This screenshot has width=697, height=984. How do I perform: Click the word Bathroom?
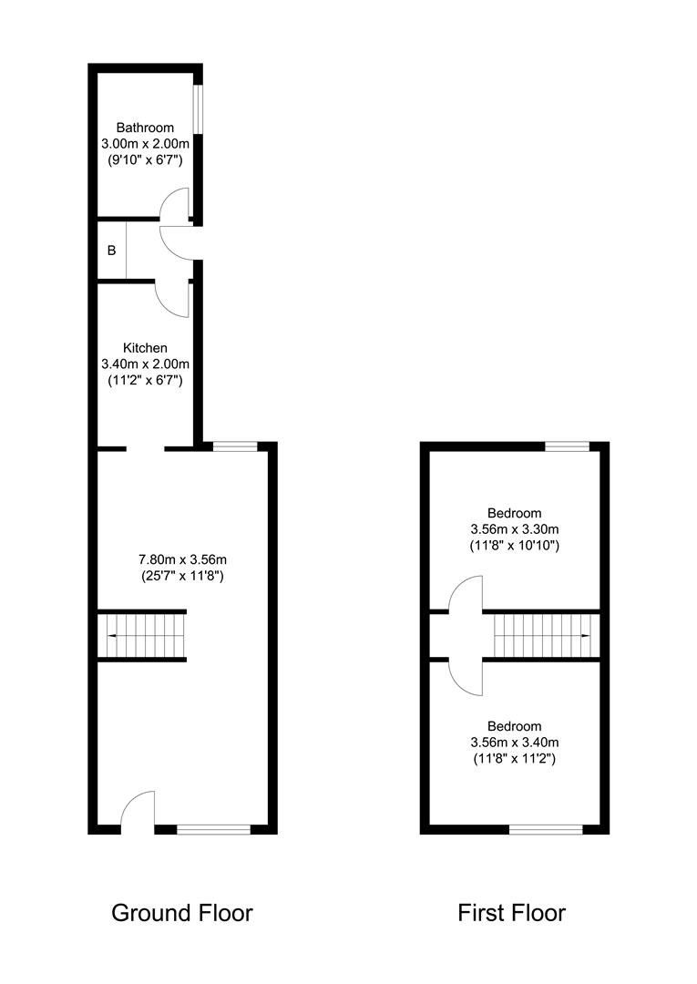(145, 128)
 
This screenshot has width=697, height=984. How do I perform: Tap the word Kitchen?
(145, 348)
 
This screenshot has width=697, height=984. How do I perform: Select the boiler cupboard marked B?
(112, 251)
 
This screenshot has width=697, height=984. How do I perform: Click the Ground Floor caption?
(182, 912)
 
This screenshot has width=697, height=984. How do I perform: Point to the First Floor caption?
(511, 912)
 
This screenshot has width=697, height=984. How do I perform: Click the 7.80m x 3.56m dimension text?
(182, 559)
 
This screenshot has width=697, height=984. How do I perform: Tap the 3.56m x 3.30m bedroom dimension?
(515, 529)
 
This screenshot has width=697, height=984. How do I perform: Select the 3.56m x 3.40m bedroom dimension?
(515, 743)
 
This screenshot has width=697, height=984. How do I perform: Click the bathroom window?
(198, 108)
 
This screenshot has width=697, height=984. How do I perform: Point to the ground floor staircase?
(142, 635)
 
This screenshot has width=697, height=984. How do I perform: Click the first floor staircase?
(541, 635)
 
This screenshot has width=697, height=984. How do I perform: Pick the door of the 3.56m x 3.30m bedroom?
(466, 593)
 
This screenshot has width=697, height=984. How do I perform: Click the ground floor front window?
(213, 830)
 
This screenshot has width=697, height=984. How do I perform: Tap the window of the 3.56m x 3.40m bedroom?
(546, 830)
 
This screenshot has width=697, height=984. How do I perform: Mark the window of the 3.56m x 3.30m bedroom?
(567, 446)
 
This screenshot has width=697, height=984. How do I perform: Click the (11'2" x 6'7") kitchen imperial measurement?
(145, 380)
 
